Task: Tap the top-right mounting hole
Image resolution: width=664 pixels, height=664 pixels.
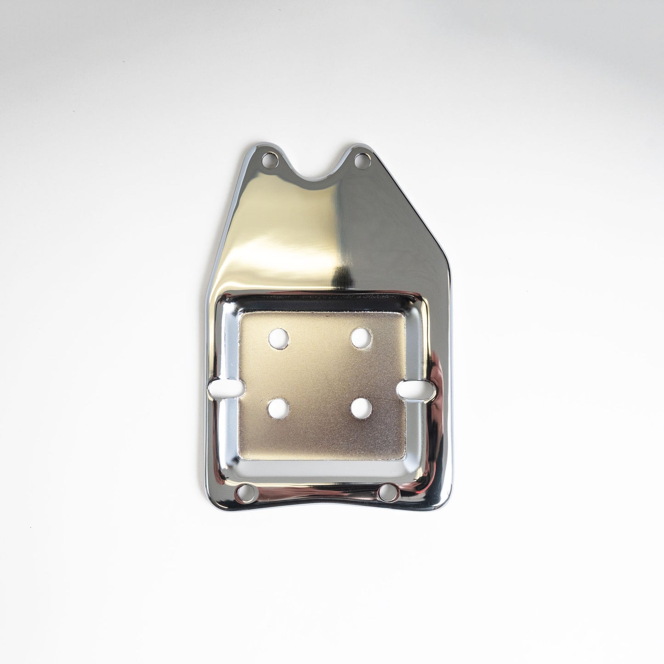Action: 361,160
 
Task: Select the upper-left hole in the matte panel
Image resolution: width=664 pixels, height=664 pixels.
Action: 278,338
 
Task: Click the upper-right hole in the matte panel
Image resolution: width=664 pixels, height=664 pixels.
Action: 361,338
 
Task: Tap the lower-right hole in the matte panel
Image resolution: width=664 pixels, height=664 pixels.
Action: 361,408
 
